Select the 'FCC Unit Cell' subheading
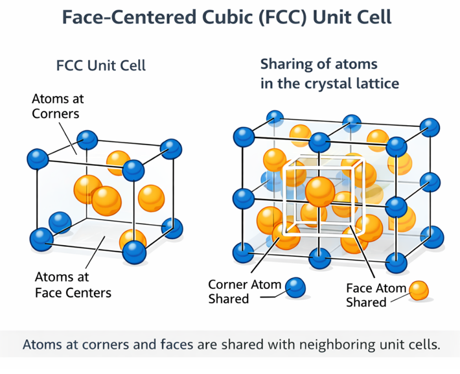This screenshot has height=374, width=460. coord(102,66)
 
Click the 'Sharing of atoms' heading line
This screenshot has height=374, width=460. coord(319,65)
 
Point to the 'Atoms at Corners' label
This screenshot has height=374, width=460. coord(58,106)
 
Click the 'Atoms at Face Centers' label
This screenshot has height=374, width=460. coord(73,285)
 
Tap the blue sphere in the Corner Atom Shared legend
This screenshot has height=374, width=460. coord(295,287)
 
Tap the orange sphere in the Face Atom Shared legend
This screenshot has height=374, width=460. coord(419,290)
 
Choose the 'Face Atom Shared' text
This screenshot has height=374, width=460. coord(376,295)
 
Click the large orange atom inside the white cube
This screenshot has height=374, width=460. coord(320,191)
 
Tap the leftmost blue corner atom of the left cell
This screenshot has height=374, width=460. coord(37,158)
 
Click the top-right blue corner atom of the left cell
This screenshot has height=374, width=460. coord(171,147)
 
